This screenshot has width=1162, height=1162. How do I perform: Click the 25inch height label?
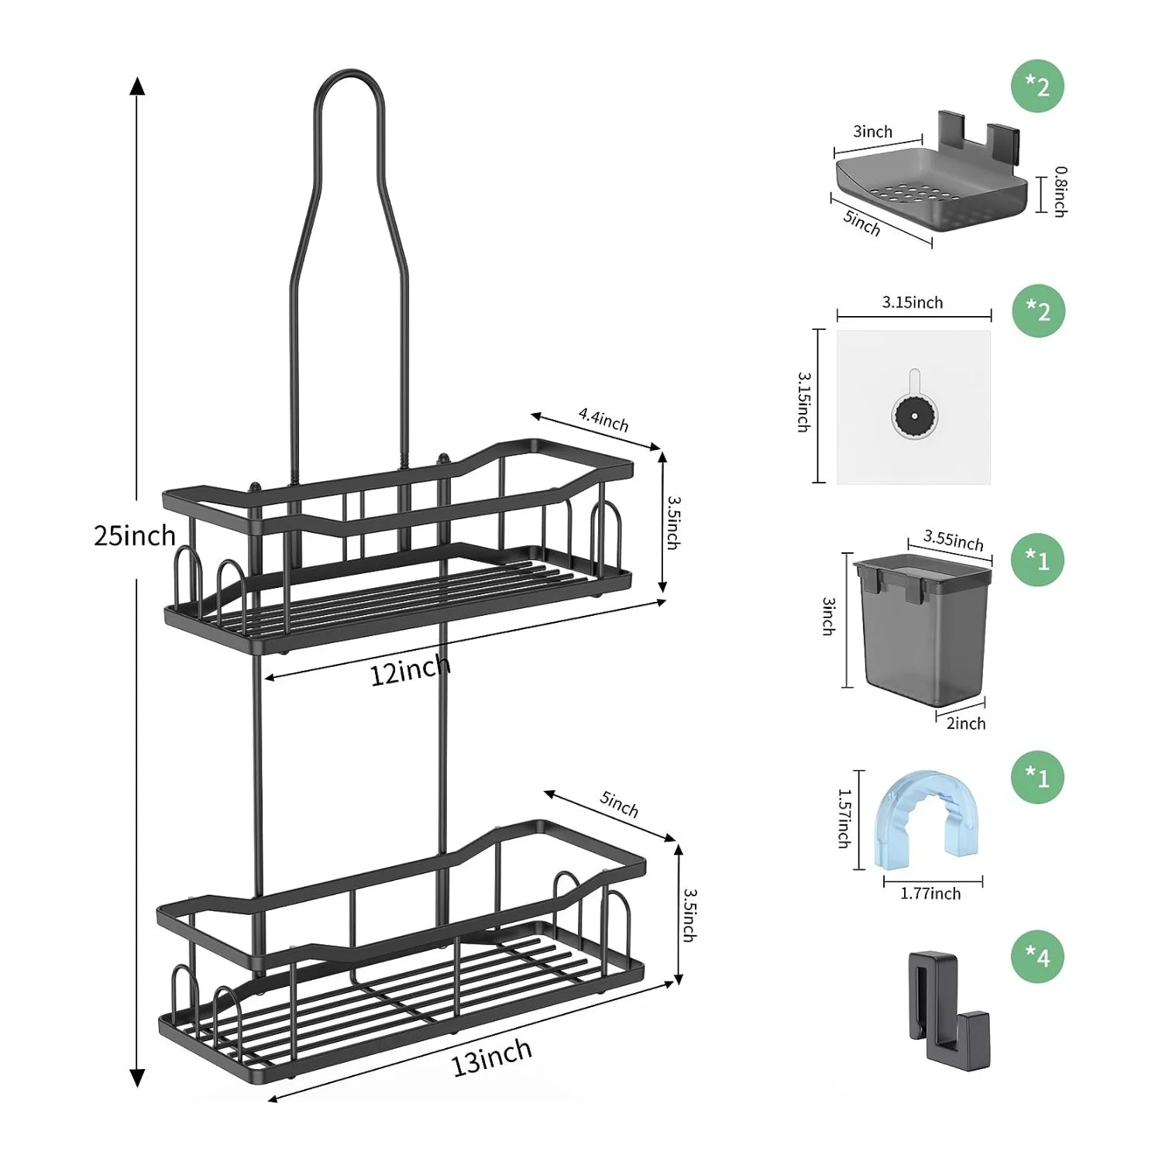click(134, 535)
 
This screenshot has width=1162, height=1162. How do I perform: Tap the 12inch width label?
click(409, 670)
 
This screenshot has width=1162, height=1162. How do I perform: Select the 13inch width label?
click(492, 1057)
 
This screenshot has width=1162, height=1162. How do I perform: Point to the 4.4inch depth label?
click(603, 419)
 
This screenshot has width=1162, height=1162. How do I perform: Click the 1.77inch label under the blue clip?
click(930, 894)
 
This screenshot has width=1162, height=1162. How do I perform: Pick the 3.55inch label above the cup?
click(953, 539)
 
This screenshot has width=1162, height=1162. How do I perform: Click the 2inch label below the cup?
click(966, 724)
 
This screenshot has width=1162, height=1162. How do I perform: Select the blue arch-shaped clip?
click(922, 817)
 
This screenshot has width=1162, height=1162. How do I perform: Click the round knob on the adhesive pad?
click(915, 417)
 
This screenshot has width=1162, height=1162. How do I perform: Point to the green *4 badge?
click(1038, 957)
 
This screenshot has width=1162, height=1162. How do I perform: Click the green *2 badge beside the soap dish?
click(1038, 86)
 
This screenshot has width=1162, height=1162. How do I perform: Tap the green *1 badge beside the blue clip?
click(1038, 777)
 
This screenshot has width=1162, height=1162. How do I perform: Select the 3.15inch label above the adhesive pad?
click(913, 303)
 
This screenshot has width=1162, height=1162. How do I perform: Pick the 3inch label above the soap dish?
click(872, 132)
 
